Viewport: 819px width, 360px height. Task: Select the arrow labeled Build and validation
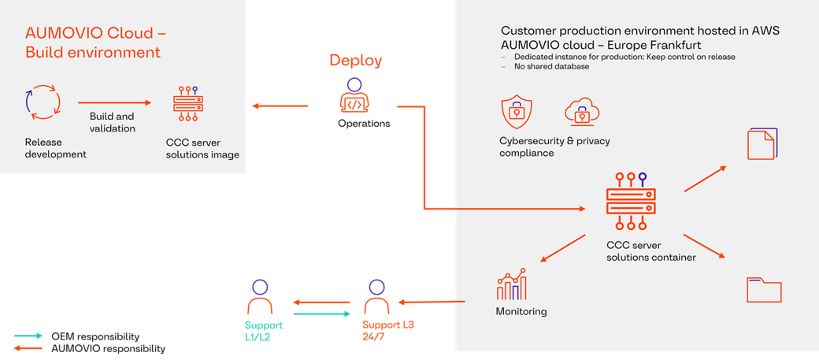(x=114, y=102)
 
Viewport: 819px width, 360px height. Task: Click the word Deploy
(x=356, y=61)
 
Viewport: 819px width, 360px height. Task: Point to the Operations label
(x=364, y=124)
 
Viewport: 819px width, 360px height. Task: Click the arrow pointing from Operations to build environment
(x=280, y=106)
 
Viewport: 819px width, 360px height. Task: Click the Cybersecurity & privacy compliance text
(x=554, y=147)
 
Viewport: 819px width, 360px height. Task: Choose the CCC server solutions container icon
(x=630, y=200)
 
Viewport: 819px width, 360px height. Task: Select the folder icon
(x=764, y=289)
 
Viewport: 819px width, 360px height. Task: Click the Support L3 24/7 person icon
(x=376, y=298)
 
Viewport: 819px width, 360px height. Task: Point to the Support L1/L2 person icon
(x=260, y=298)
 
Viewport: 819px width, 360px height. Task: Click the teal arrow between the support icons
(x=322, y=314)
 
